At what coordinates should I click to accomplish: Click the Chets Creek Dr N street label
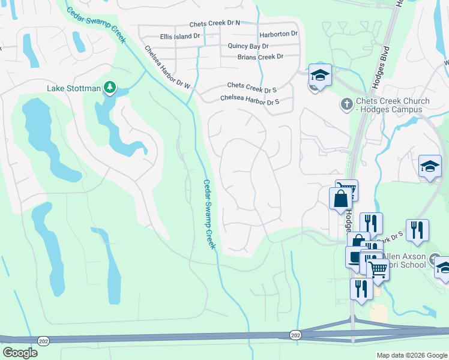coord(214,23)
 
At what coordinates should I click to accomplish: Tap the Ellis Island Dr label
coord(180,37)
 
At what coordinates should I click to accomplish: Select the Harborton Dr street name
coord(278,34)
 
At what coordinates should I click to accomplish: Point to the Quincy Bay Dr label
coord(248,46)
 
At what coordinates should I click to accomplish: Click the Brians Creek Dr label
coord(260,57)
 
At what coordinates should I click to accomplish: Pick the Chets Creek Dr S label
coord(252,89)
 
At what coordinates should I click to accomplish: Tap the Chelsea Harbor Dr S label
coord(250,99)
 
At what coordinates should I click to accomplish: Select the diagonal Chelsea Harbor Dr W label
coord(167,68)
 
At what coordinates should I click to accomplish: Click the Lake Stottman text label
coord(74,89)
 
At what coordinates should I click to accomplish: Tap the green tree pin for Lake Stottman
coord(109,88)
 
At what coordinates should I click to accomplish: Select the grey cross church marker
coord(346,104)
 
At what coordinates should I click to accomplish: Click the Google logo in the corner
coord(20,353)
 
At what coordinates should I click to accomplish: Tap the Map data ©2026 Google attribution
coord(411,355)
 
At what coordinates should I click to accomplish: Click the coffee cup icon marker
coord(355,256)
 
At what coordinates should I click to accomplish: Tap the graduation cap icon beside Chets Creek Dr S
coord(320,76)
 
